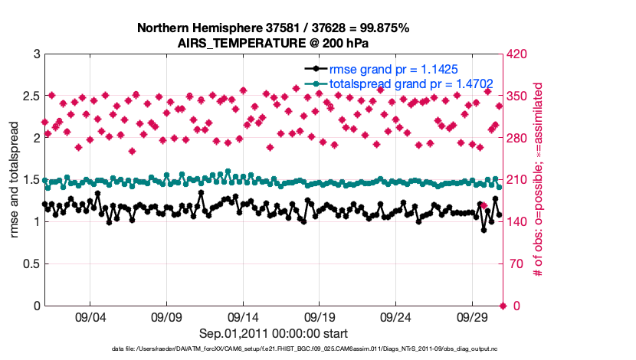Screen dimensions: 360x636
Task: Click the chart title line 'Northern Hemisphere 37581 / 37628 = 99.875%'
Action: [273, 28]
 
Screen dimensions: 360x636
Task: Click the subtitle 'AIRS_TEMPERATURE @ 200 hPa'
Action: [273, 43]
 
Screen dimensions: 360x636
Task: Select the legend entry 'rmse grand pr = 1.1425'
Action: [393, 69]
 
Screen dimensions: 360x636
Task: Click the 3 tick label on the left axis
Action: [35, 55]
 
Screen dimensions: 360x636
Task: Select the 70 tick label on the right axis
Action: [514, 264]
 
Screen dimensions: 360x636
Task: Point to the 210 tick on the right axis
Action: [517, 180]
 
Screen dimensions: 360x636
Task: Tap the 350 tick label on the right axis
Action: [517, 97]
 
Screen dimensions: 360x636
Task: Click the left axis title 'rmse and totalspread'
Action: [15, 180]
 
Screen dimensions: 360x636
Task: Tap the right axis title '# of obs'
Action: [539, 180]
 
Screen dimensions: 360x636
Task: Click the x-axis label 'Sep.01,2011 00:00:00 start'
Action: [274, 333]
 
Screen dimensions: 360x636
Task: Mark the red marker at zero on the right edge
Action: [503, 306]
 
